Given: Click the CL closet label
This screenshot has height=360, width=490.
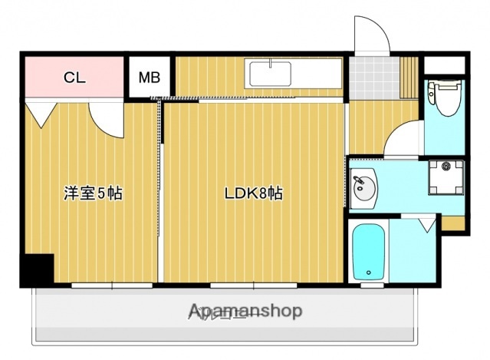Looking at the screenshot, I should coord(74,77).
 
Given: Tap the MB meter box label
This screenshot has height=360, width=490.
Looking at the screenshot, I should coord(150,78).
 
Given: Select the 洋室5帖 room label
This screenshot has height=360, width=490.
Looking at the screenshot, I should coord(93,193).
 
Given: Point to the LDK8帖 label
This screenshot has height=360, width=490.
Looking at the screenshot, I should coord(253,193).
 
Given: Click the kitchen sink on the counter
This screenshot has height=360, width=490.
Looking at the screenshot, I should coord(269,75).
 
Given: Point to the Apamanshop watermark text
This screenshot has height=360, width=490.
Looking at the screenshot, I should coord(245,312).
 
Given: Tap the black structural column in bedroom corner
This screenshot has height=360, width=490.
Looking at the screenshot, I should coord(36,269).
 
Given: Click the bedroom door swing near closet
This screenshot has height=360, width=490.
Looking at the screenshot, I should coord(106,119).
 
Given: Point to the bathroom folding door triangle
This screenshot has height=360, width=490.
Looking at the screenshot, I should coord(426,224).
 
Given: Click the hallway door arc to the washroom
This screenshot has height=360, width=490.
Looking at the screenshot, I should coord(400,140).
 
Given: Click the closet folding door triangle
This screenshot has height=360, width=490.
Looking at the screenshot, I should coord(40,113).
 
